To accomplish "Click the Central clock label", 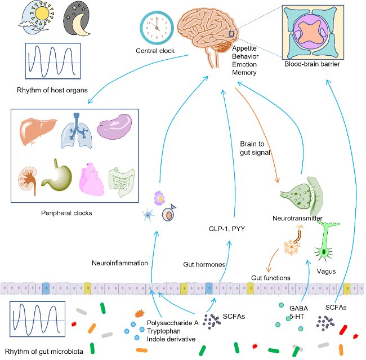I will (x=155, y=51).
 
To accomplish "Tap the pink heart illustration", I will (x=92, y=180).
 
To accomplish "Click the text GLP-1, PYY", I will (x=224, y=229).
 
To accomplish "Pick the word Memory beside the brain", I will (x=244, y=73).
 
